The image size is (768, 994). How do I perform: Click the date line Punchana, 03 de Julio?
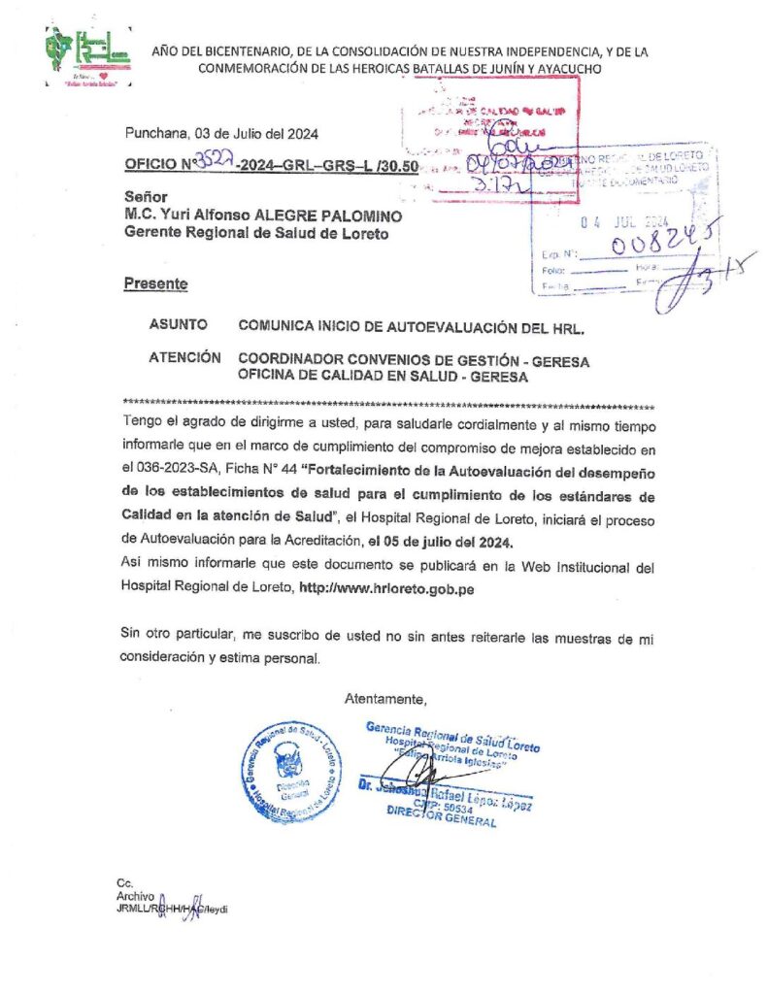point(219,133)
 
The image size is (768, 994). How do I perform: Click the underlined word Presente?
point(155,283)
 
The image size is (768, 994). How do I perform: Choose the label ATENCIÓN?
point(184,358)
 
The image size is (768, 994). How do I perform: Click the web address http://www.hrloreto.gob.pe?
point(385,588)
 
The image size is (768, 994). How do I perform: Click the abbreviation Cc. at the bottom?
point(123,883)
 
